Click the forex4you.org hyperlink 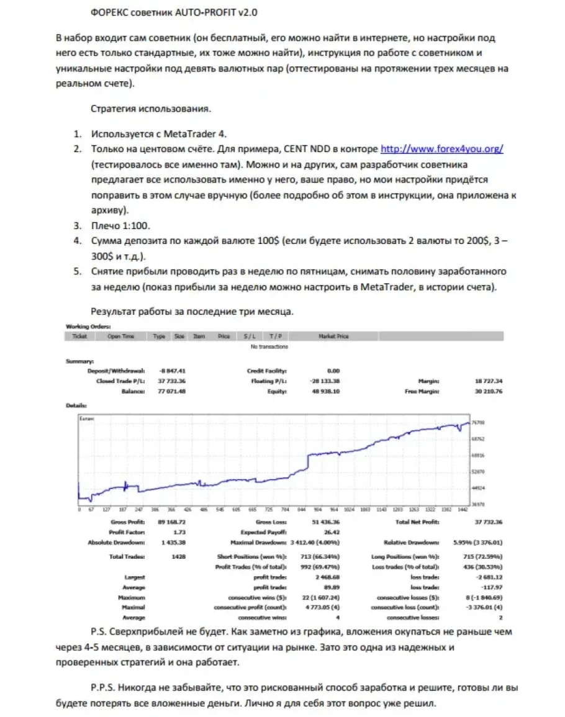point(441,150)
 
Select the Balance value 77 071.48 point(173,392)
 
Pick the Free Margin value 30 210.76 point(487,392)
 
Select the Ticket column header point(79,336)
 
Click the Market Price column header point(333,336)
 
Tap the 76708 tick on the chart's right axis point(477,423)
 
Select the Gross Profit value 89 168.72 point(173,522)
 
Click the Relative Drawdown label point(411,543)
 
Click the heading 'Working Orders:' point(88,327)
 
